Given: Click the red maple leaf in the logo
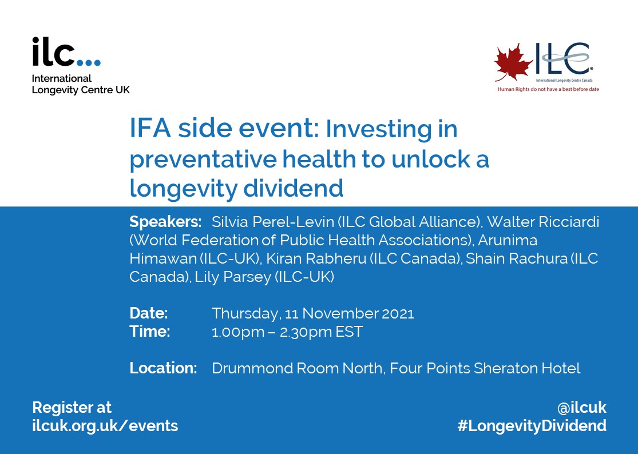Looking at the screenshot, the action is coord(513,62).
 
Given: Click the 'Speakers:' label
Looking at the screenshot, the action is coord(165,222).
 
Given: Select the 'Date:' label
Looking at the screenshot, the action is coord(149,313).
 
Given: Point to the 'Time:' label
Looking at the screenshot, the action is coord(149,331).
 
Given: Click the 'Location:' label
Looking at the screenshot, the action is coord(163,368).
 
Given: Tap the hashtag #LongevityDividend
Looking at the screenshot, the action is coord(532,425).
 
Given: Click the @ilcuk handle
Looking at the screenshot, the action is coord(582,407).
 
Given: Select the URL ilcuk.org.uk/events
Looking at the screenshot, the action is coord(105,425).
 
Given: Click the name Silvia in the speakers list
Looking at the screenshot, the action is coord(230,222).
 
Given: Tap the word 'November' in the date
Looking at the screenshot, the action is coord(340,313).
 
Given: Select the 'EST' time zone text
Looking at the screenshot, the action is coord(348,332).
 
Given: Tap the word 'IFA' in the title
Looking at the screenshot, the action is coord(150,129).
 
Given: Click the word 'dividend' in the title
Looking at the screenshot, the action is coord(294,188).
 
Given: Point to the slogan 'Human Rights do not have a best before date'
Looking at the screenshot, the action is coord(548,89).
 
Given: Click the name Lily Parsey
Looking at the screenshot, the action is coord(233,277).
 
